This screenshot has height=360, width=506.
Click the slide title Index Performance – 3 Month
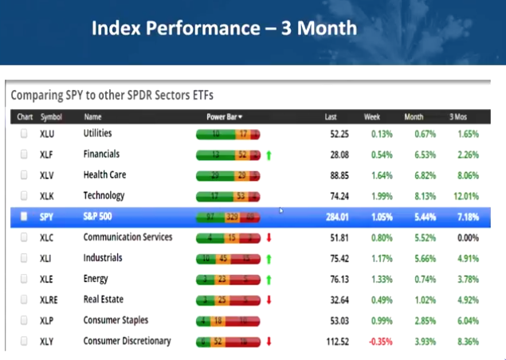point(224,29)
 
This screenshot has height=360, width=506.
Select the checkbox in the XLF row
point(23,155)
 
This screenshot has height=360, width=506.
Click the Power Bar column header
point(224,117)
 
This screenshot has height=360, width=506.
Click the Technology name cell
point(104,196)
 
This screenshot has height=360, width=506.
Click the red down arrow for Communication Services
point(269,237)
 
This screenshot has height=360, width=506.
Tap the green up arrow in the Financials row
point(269,155)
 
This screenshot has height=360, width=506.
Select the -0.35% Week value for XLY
point(380,342)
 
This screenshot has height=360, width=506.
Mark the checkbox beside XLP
point(23,320)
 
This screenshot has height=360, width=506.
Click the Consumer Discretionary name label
point(127,341)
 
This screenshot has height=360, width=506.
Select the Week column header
point(371,117)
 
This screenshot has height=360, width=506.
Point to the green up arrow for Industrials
point(269,258)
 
